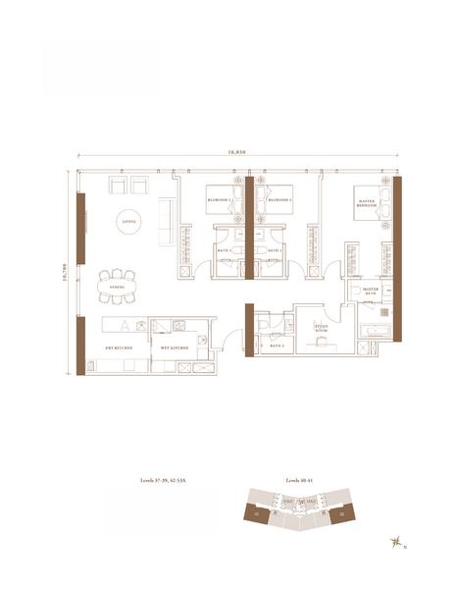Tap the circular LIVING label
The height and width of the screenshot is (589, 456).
(x=128, y=222)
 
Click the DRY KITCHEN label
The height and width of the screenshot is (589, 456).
(x=120, y=348)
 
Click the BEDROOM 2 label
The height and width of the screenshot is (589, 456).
(x=219, y=200)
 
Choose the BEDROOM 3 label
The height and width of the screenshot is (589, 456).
(x=279, y=200)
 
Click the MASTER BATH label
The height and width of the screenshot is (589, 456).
(x=371, y=293)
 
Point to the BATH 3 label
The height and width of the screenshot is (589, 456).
(x=277, y=346)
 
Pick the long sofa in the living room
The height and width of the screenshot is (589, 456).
(x=166, y=221)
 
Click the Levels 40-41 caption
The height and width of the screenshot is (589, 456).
(x=299, y=479)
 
